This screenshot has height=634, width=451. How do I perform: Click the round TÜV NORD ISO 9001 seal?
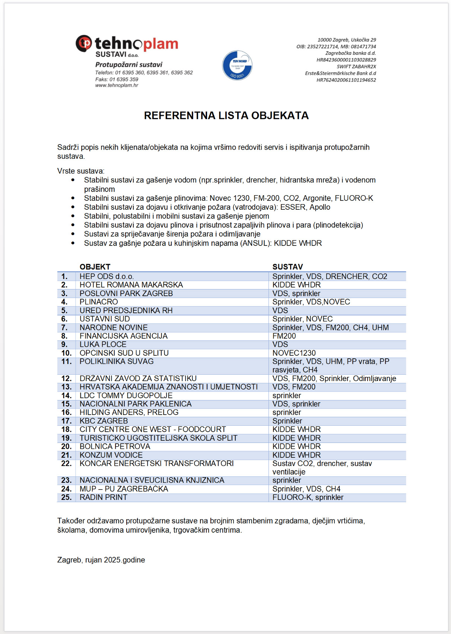pos(237,66)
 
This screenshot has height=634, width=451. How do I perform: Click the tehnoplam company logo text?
pos(136,44)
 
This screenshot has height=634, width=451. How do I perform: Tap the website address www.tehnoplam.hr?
pos(117,85)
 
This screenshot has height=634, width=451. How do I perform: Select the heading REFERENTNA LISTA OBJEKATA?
pos(226,115)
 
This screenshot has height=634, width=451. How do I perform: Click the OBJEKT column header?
pos(95,267)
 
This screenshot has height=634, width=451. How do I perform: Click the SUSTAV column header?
pos(288,267)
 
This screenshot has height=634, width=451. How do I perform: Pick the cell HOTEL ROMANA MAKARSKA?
pos(131,285)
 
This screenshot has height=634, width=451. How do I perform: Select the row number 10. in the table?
pos(66,353)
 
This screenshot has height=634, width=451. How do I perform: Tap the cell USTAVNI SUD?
pos(105,319)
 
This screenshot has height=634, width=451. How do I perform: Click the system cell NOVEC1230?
pos(294,353)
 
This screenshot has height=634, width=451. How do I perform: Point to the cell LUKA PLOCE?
pos(103,345)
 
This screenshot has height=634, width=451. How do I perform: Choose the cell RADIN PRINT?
pos(103,497)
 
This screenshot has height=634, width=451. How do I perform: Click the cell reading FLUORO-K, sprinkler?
pos(308,497)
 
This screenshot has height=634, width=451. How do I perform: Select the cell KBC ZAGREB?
pos(104,421)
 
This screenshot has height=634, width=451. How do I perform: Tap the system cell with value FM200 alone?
pos(284,336)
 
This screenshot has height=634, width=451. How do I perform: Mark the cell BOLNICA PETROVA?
pos(115,446)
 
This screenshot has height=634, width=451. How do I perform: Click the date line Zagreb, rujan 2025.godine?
pos(101,560)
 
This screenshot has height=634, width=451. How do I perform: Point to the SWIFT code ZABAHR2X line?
pos(356,67)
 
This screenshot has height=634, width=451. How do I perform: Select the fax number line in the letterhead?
pos(117,79)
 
